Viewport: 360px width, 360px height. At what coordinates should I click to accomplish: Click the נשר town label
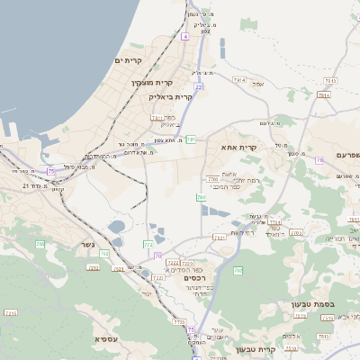(87, 244)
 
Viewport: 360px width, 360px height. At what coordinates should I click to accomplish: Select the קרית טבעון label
(253, 349)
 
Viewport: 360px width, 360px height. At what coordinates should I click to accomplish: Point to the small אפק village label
(258, 84)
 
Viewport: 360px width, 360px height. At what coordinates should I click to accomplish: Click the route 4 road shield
(184, 36)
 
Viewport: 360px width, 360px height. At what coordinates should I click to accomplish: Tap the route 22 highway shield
(198, 86)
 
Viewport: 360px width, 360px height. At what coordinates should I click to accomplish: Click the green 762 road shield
(238, 270)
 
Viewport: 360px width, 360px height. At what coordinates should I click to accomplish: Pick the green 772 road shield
(147, 244)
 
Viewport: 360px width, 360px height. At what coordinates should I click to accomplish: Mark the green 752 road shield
(104, 255)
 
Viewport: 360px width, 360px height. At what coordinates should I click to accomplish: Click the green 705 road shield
(40, 244)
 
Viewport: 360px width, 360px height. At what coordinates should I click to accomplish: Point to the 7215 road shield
(11, 312)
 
